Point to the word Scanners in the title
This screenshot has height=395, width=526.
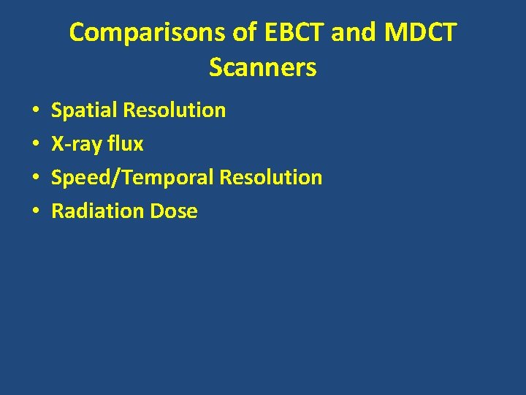click(x=262, y=67)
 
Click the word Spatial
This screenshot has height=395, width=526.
click(x=84, y=110)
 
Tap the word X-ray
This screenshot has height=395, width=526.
click(x=77, y=144)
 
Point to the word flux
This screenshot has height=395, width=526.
click(x=126, y=144)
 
